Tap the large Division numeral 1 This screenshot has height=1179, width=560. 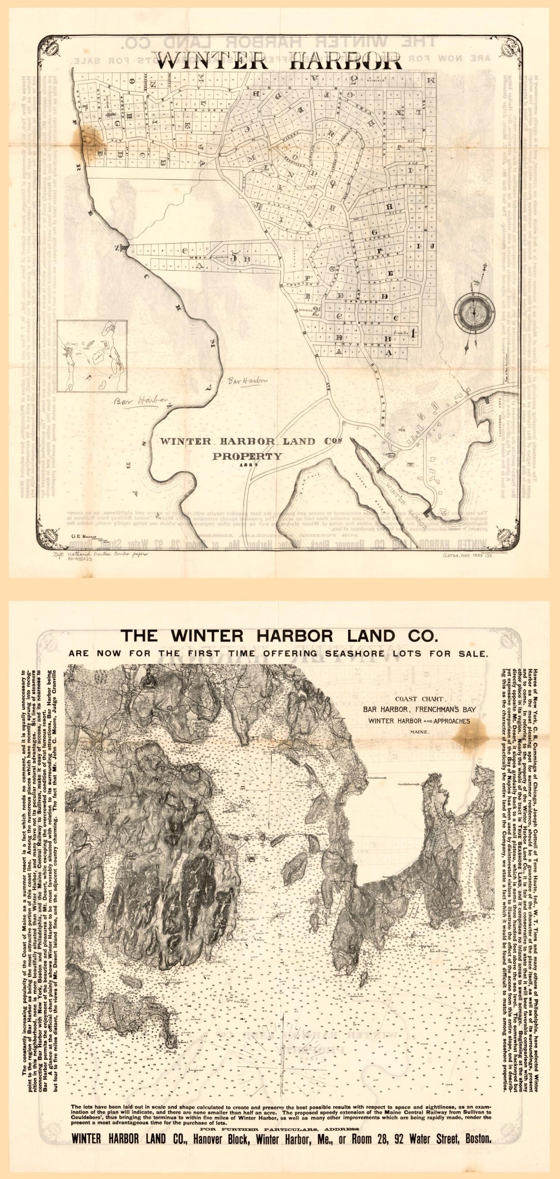413,334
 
